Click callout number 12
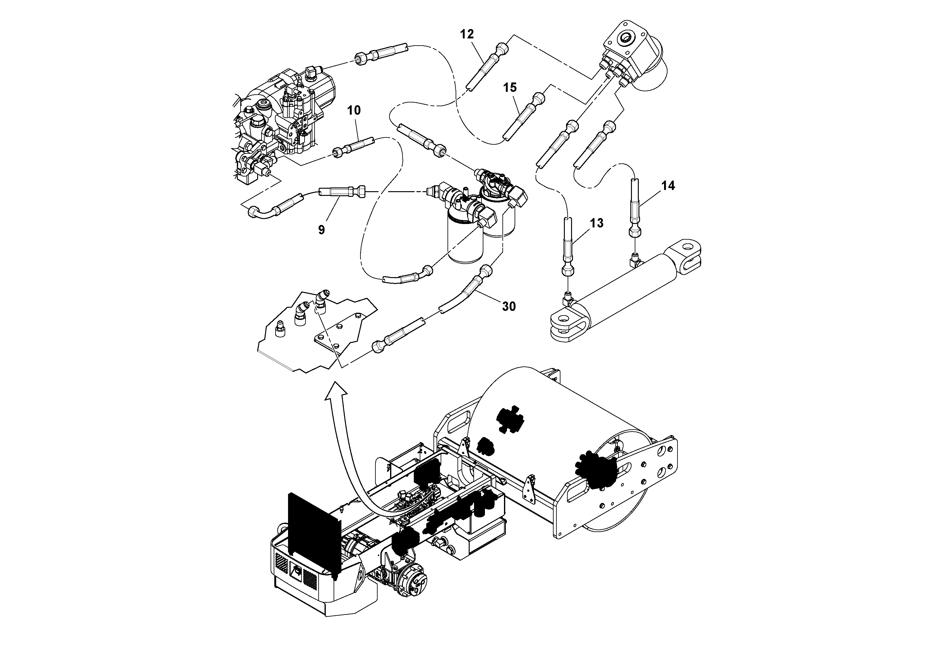[x=467, y=34]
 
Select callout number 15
[x=510, y=87]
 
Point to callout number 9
[x=321, y=230]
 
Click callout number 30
[x=509, y=306]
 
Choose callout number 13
[x=596, y=223]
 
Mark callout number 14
[x=668, y=186]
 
